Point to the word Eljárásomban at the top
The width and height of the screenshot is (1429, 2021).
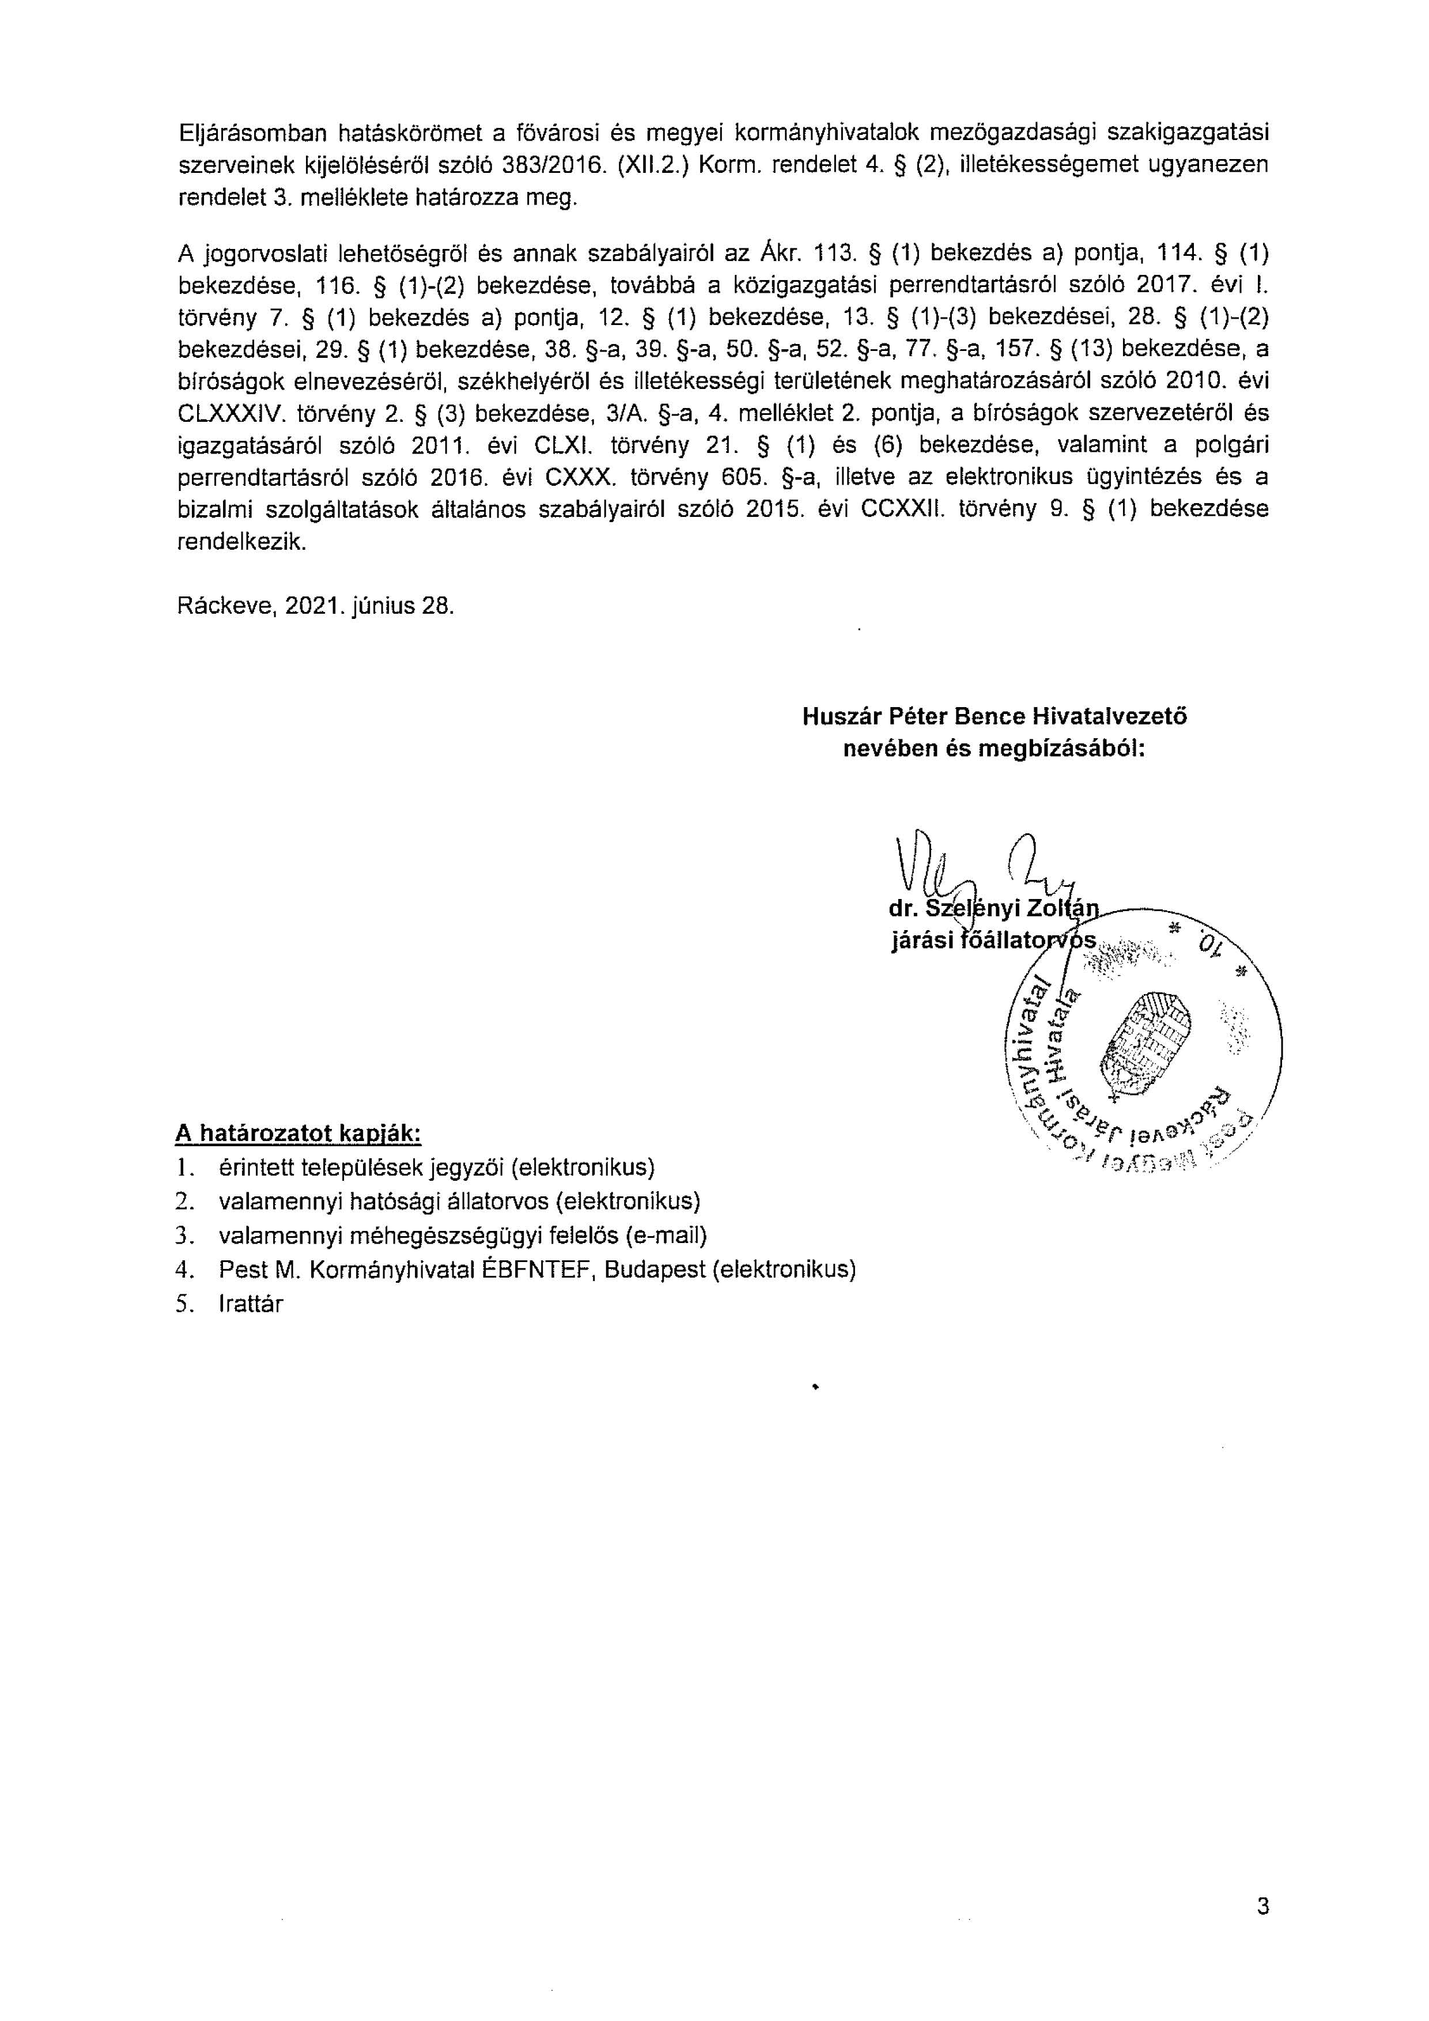coord(252,133)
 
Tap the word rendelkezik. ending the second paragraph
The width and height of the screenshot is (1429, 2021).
coord(243,542)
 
